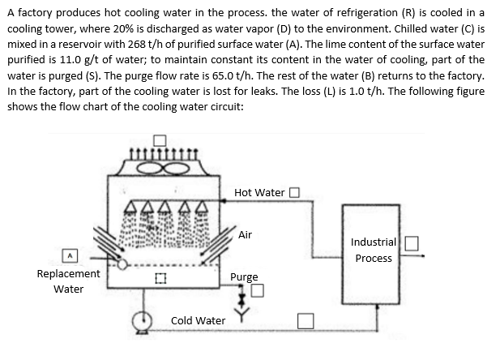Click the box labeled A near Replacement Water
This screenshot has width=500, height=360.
coord(71,254)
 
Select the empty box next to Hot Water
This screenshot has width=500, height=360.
coord(294,192)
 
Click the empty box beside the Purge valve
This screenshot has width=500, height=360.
coord(257,291)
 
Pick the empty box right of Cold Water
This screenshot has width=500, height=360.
coord(305,321)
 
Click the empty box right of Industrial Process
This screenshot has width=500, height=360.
coord(412,242)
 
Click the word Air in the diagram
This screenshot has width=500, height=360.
coord(246,234)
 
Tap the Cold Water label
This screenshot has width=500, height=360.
coord(198,321)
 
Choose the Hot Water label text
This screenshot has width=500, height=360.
coord(259,192)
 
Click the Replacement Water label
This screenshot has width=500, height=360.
coord(69,281)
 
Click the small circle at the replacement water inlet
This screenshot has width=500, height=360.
coord(122,264)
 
